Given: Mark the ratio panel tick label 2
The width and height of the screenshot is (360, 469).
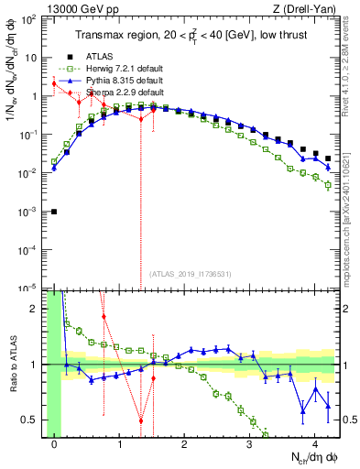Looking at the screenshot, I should [37, 309].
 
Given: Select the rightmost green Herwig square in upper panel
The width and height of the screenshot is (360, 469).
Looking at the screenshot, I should [328, 186].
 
